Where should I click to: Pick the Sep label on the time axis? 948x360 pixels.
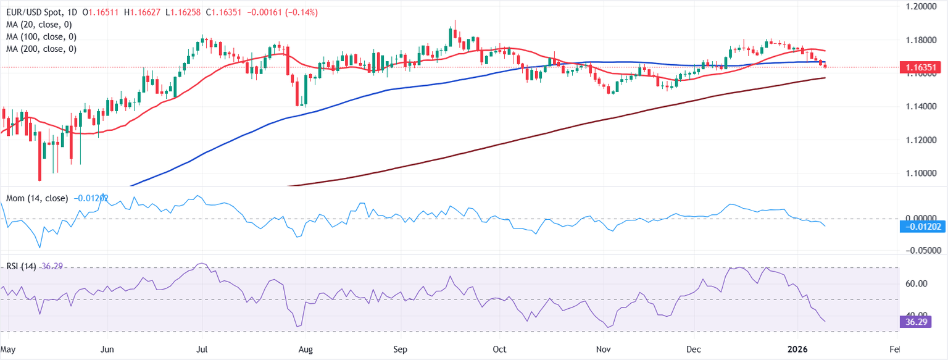pos(400,350)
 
